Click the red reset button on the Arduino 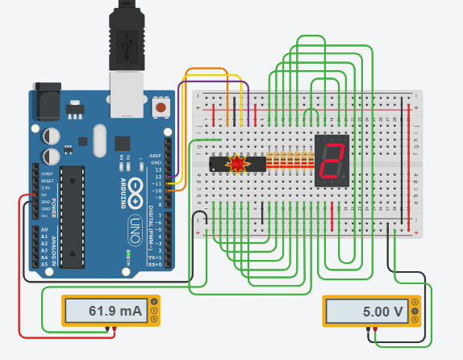pos(162,107)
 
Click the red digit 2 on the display pos(330,163)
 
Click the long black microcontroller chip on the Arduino pos(73,216)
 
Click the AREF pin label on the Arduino pos(156,156)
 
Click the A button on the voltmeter pos(415,302)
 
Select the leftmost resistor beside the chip pos(269,164)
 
